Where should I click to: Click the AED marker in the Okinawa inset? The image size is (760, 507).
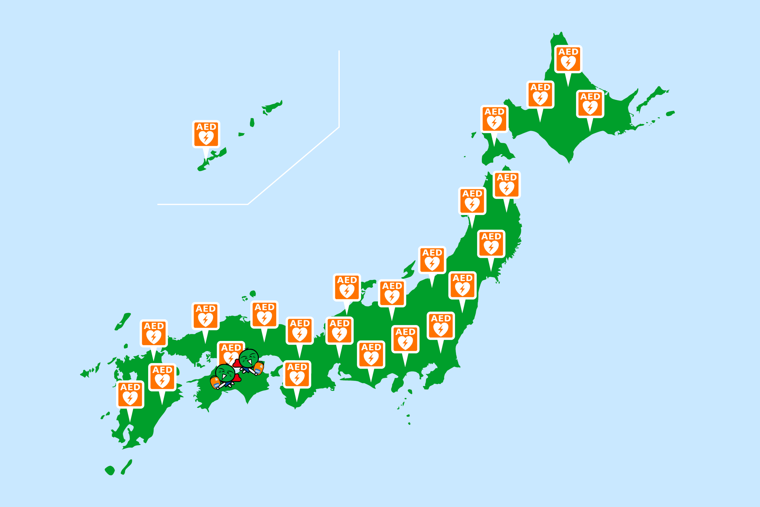206,134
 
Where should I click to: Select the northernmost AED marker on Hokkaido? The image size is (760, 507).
568,59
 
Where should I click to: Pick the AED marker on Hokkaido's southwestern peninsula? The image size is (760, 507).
494,119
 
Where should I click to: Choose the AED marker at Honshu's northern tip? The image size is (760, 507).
506,185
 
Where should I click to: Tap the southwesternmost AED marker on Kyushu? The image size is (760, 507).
130,394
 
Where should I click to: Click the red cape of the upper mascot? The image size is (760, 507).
237,364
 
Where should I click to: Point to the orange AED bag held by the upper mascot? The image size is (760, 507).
259,368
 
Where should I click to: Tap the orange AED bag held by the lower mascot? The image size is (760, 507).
215,382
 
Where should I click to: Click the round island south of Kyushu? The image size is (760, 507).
110,470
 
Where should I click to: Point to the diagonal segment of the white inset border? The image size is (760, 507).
293,165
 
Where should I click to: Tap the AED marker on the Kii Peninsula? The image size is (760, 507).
297,375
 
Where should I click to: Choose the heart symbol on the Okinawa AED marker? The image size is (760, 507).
206,138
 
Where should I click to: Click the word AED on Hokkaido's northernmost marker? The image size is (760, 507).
568,52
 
